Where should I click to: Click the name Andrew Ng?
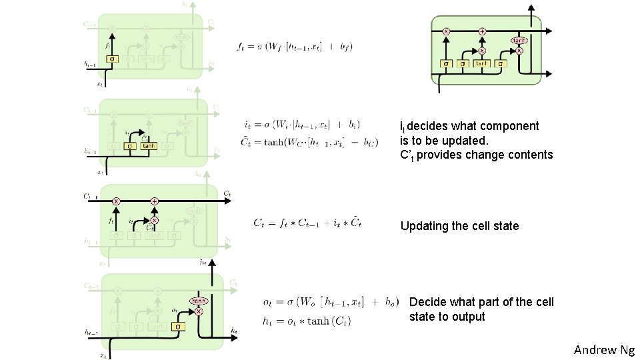(x=604, y=349)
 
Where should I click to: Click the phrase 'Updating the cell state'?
(x=459, y=226)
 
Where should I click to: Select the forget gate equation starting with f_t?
(x=294, y=46)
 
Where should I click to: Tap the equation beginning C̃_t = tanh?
(x=309, y=141)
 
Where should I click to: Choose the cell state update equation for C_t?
(x=307, y=223)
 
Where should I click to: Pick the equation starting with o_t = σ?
(x=331, y=301)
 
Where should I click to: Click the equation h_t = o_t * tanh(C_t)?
(x=307, y=321)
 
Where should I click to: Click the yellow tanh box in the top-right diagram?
(x=481, y=63)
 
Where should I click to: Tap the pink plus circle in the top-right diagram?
(x=482, y=31)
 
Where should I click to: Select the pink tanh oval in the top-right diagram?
(x=519, y=41)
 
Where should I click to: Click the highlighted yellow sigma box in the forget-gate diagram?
(x=113, y=59)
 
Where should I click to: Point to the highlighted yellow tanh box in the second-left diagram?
(x=148, y=145)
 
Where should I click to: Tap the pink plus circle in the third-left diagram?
(x=154, y=201)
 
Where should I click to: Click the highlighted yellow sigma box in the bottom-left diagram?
(x=177, y=327)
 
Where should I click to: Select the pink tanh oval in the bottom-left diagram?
(x=197, y=301)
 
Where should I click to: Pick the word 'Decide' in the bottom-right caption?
(x=426, y=302)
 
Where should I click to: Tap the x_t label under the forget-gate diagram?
(x=100, y=85)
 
